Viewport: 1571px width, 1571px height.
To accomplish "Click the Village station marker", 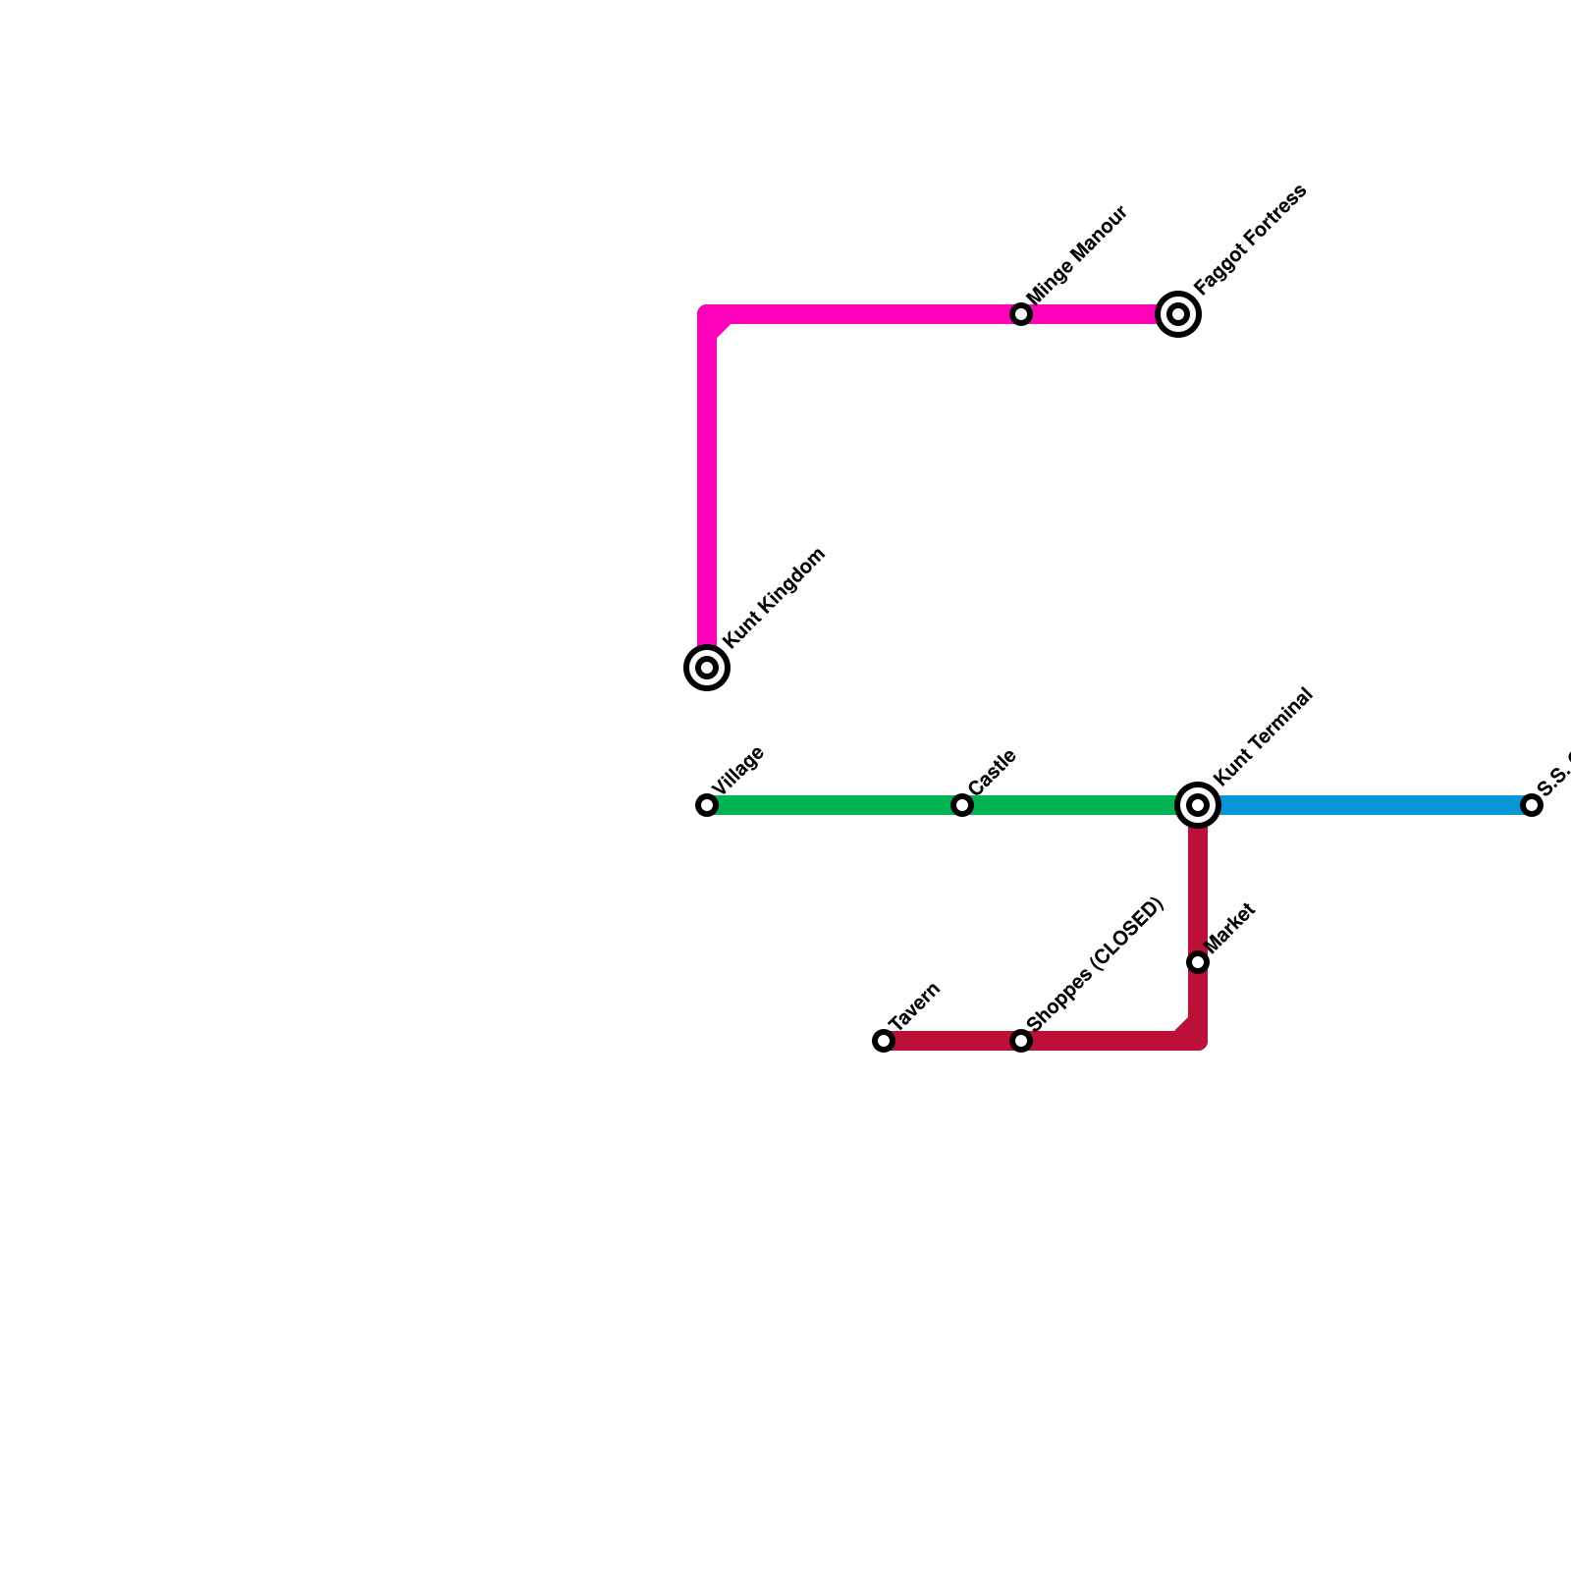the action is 707,805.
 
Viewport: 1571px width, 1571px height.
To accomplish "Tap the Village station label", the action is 737,772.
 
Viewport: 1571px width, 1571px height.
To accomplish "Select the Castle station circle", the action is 962,805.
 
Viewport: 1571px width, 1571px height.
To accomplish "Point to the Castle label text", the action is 992,774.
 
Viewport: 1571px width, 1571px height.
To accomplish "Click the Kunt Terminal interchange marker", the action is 1198,805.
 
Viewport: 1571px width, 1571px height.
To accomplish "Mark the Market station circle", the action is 1198,962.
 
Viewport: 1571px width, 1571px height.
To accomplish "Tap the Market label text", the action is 1230,928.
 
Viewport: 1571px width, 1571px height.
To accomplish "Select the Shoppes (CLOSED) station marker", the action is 1021,1041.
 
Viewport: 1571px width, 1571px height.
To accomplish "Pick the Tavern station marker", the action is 884,1041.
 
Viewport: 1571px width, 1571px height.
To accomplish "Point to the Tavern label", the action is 914,1006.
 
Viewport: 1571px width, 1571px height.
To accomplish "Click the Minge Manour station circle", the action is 1021,314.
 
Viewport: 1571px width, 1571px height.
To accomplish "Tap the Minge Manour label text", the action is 1076,255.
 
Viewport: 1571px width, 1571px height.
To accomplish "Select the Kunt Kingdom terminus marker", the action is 707,668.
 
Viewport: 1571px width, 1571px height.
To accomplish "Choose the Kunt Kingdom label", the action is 774,598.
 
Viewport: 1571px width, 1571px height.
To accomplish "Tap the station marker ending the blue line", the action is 1532,805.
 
